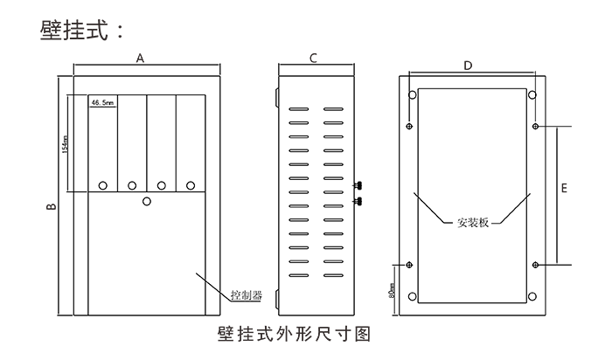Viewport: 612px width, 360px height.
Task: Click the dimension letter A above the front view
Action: [x=140, y=57]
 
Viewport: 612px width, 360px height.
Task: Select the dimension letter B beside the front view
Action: [x=50, y=207]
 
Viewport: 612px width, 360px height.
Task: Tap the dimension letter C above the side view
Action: [x=313, y=57]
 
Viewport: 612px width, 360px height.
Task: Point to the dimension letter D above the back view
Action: [x=468, y=66]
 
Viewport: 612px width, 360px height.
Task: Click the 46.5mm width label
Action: [x=102, y=102]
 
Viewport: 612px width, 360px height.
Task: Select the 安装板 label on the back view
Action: [x=473, y=222]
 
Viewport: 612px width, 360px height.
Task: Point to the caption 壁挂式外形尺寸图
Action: [x=295, y=334]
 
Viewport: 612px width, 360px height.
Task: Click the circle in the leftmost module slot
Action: [x=103, y=185]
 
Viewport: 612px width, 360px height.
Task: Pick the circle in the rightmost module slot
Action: [x=190, y=185]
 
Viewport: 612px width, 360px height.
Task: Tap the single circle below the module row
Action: [x=147, y=202]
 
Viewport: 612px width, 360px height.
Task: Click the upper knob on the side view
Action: [x=358, y=185]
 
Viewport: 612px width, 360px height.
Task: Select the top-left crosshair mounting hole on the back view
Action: [x=410, y=127]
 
